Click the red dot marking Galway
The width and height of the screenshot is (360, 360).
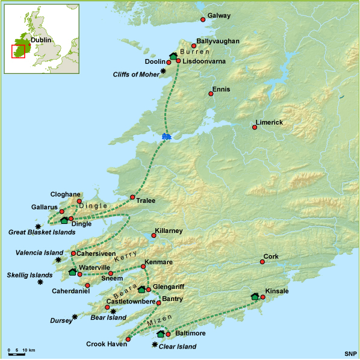[x=202, y=19]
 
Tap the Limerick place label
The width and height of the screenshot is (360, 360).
[x=269, y=122]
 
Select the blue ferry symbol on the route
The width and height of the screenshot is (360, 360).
[x=166, y=137]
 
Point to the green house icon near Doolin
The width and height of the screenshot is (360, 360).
[x=173, y=56]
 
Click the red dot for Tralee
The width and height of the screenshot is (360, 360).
[x=132, y=197]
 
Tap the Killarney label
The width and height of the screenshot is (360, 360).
[x=169, y=231]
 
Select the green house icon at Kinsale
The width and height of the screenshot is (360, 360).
[x=255, y=296]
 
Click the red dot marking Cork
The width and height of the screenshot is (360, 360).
[x=262, y=261]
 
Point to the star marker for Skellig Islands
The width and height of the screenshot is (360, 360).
[x=40, y=282]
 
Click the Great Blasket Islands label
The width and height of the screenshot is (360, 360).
[x=41, y=232]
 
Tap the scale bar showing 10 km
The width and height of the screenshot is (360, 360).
[x=22, y=350]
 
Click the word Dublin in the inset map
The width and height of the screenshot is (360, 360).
[x=41, y=40]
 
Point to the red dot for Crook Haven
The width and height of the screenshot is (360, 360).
[x=128, y=340]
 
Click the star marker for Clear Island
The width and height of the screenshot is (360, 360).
[x=155, y=345]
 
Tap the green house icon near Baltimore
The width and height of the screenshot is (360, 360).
[x=160, y=334]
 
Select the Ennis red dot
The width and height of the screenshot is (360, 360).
[x=211, y=94]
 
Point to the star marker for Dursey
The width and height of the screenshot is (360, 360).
[x=75, y=316]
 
